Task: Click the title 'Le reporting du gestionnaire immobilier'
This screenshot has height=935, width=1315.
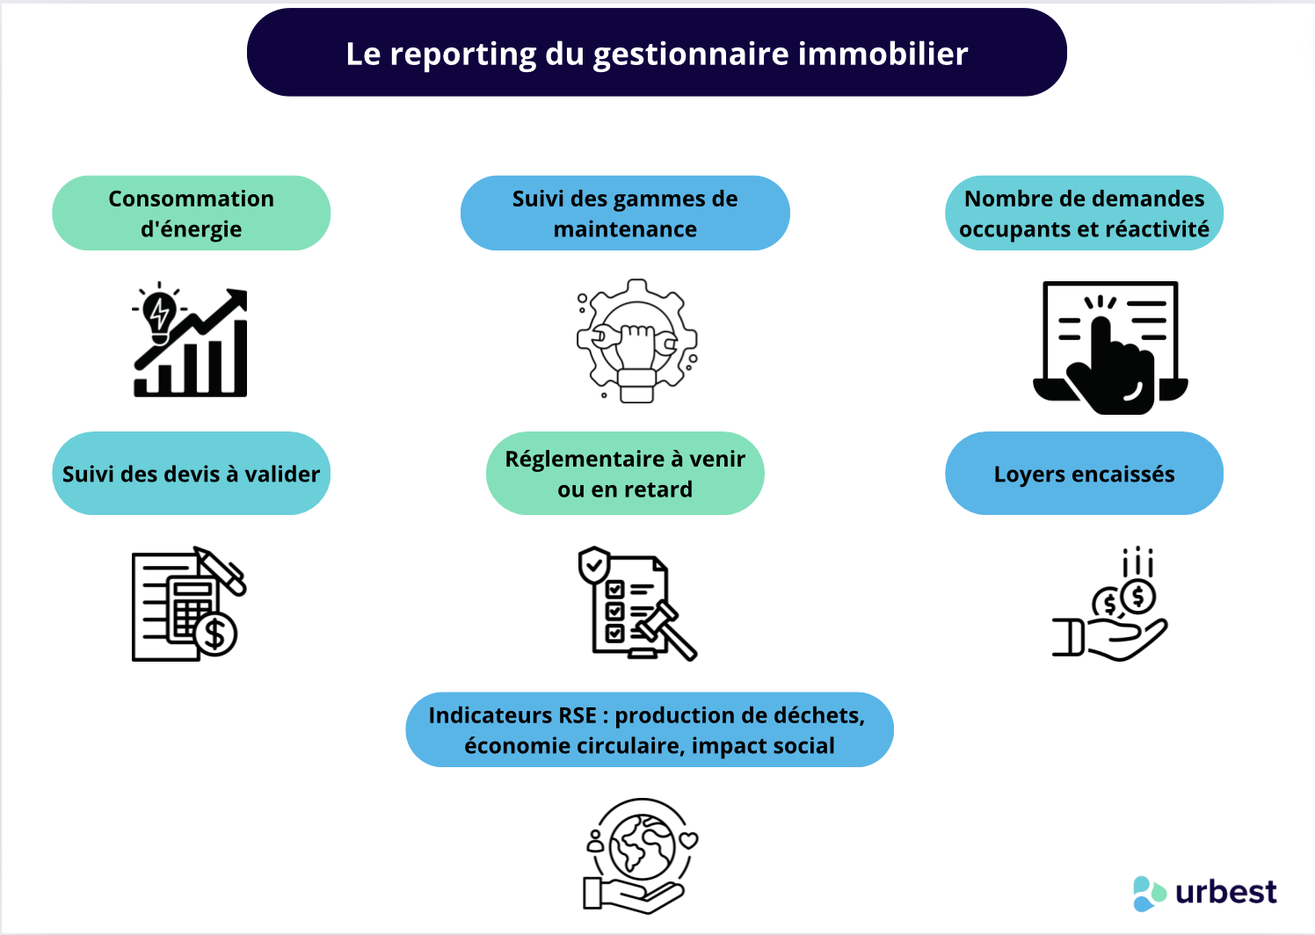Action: (x=657, y=54)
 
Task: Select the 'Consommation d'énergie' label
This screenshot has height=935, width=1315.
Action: (x=191, y=214)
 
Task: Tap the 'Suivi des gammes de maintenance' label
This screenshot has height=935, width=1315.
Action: (x=625, y=214)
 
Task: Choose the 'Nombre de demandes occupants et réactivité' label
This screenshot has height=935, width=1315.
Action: (x=1084, y=214)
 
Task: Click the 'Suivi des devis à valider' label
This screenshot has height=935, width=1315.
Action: (x=191, y=474)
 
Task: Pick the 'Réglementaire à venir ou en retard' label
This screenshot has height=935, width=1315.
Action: (x=625, y=474)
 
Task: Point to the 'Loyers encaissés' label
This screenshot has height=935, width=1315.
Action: (x=1084, y=474)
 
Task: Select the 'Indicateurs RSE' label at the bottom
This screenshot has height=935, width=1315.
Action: (x=649, y=730)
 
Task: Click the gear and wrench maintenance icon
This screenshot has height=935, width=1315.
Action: (x=636, y=341)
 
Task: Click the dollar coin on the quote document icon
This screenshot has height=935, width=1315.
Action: (x=216, y=634)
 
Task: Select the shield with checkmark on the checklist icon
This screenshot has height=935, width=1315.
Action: (x=594, y=564)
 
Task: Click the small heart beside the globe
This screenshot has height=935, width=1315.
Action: (x=689, y=840)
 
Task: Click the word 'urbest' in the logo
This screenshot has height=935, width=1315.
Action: (x=1226, y=892)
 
